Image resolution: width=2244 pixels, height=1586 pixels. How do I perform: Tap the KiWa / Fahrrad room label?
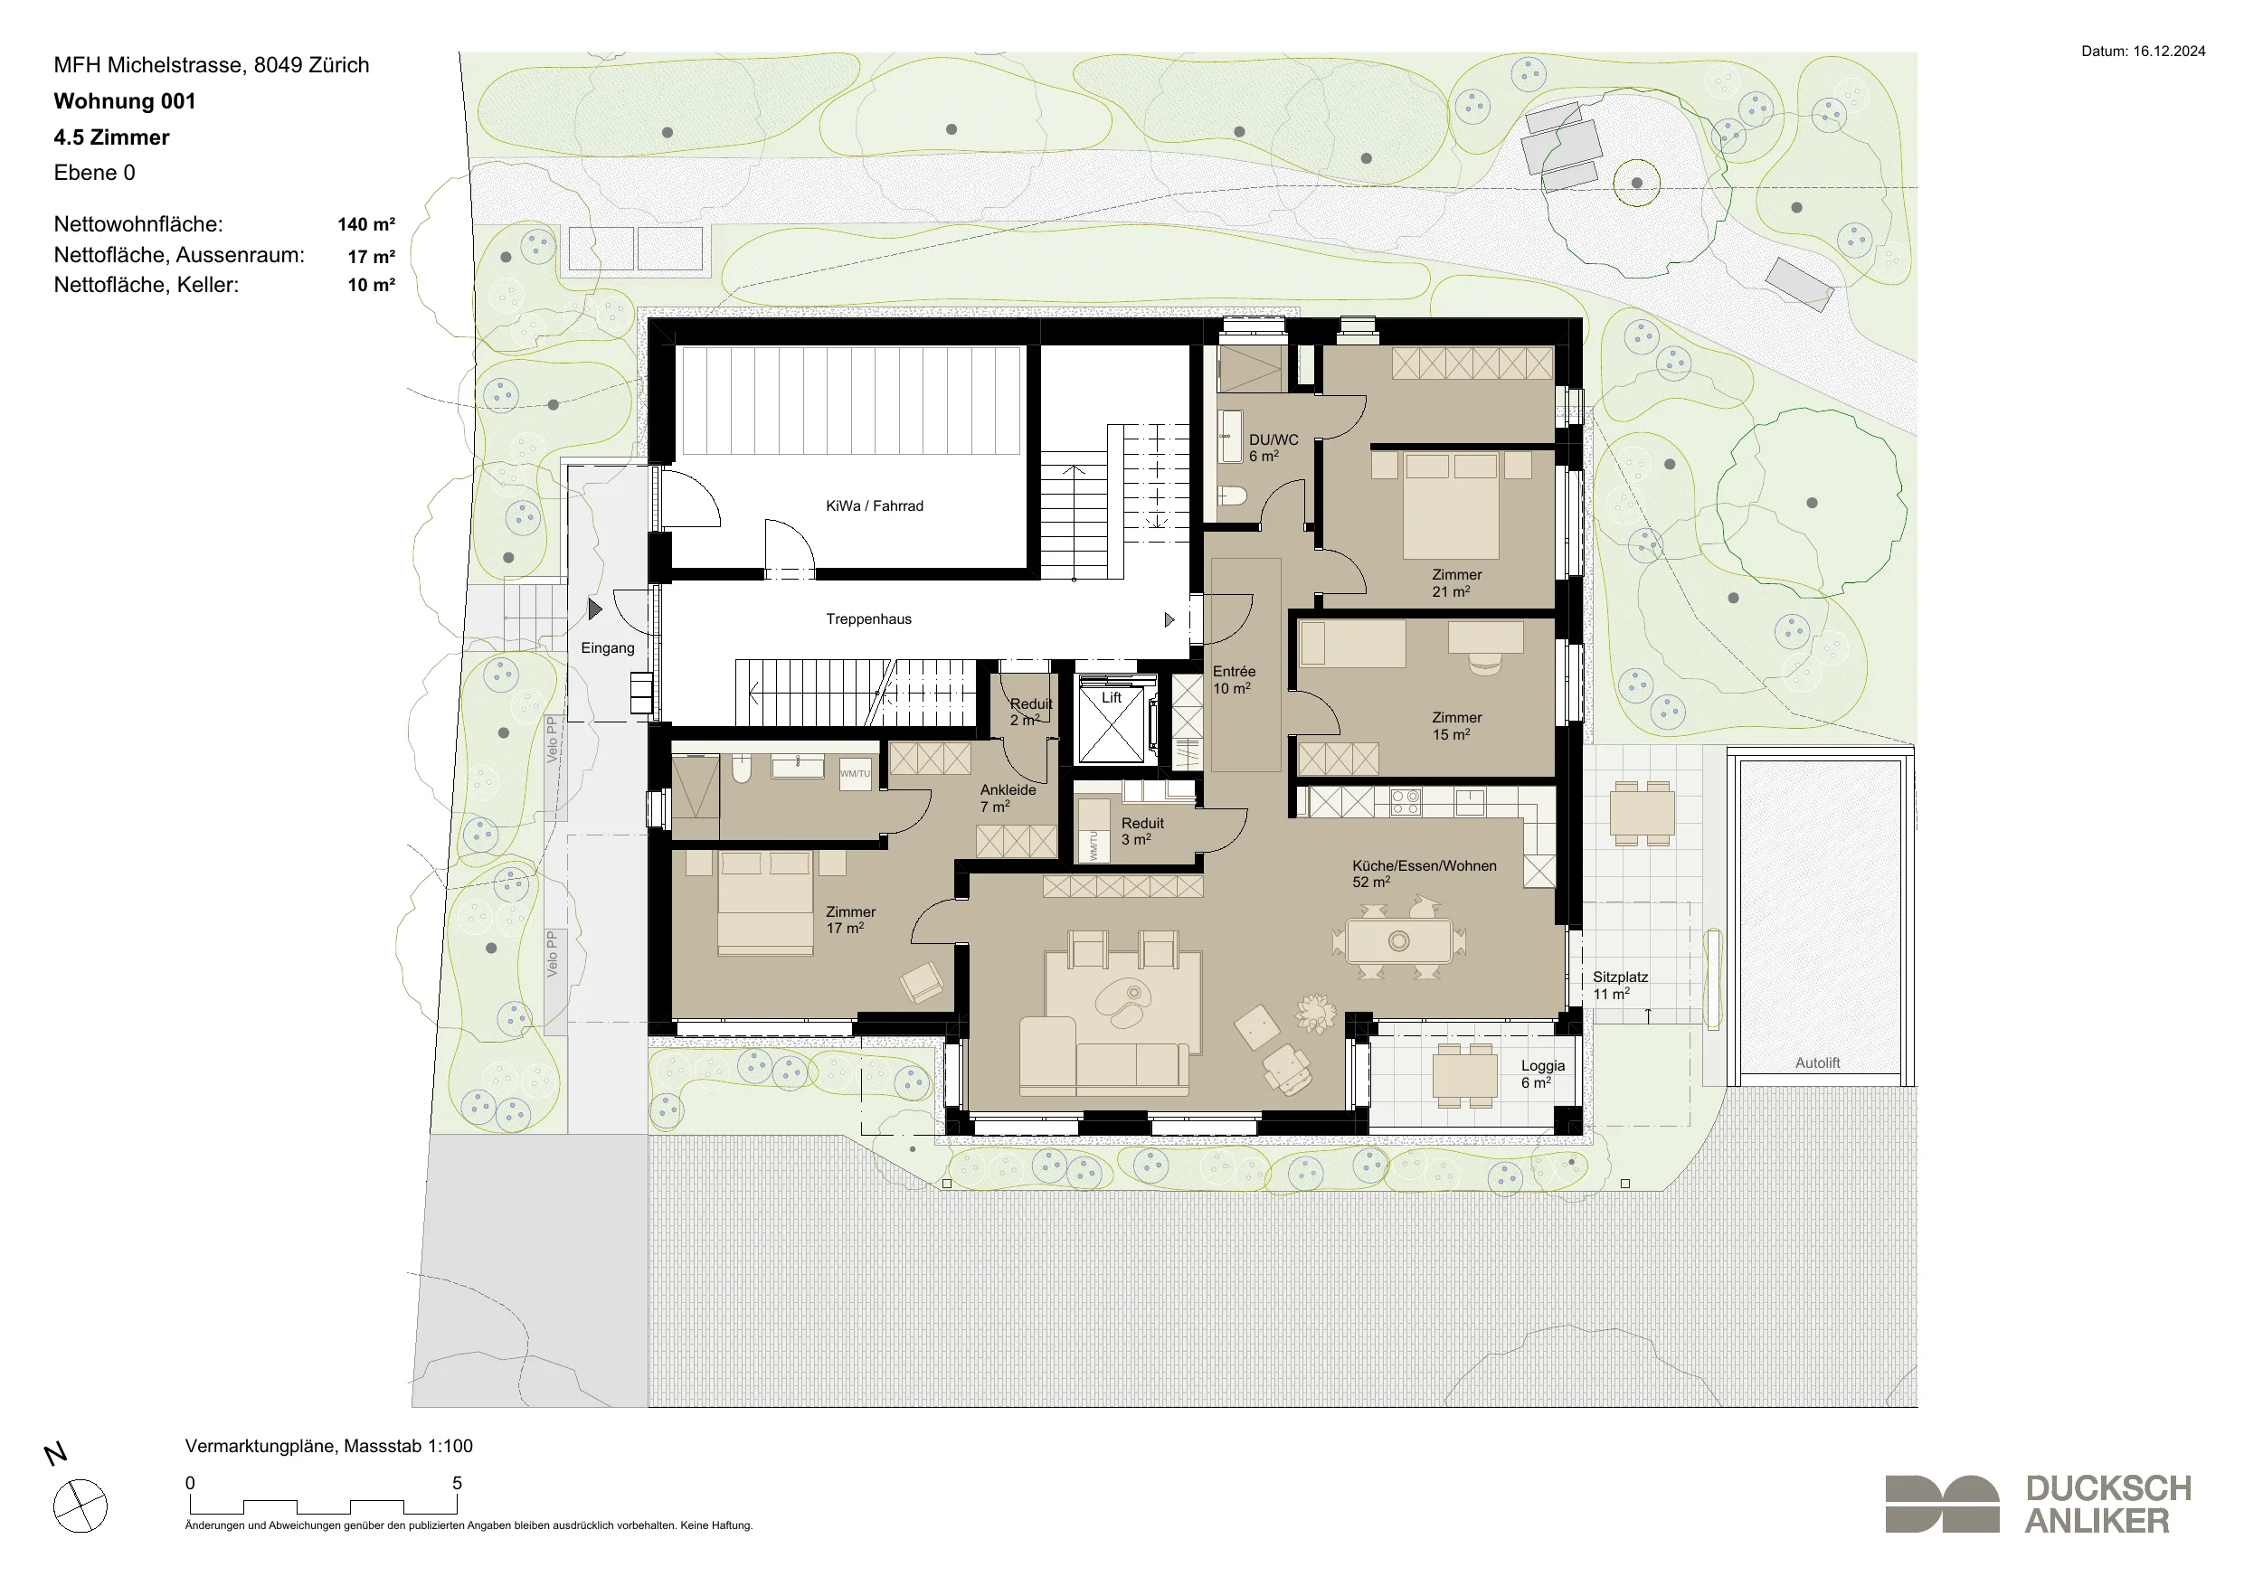coord(874,506)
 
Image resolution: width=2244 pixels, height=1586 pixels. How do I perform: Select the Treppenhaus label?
coord(868,619)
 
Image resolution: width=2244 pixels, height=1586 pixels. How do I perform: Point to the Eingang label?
coord(607,648)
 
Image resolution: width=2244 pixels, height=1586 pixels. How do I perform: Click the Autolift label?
coord(1817,1063)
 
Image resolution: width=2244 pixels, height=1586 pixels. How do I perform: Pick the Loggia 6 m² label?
coord(1542,1074)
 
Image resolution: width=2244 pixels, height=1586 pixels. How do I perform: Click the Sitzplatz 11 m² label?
coord(1620,985)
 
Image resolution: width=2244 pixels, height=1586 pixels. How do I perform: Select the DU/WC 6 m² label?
coord(1273,448)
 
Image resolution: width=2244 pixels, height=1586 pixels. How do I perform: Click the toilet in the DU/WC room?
coord(1232,496)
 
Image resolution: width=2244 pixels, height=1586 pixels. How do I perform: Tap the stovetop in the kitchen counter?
coord(1406,802)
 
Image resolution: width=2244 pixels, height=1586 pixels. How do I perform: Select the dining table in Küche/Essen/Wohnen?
coord(1398,941)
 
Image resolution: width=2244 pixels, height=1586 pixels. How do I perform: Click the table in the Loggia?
coord(1465,1075)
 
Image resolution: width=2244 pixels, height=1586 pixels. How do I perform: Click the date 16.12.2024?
coord(2169,52)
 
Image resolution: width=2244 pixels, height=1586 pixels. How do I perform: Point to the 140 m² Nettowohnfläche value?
coord(366,225)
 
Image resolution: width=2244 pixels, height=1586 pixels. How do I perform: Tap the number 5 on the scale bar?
coord(457,1482)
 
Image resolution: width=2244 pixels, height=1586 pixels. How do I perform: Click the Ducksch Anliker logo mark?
coord(1942,1503)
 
